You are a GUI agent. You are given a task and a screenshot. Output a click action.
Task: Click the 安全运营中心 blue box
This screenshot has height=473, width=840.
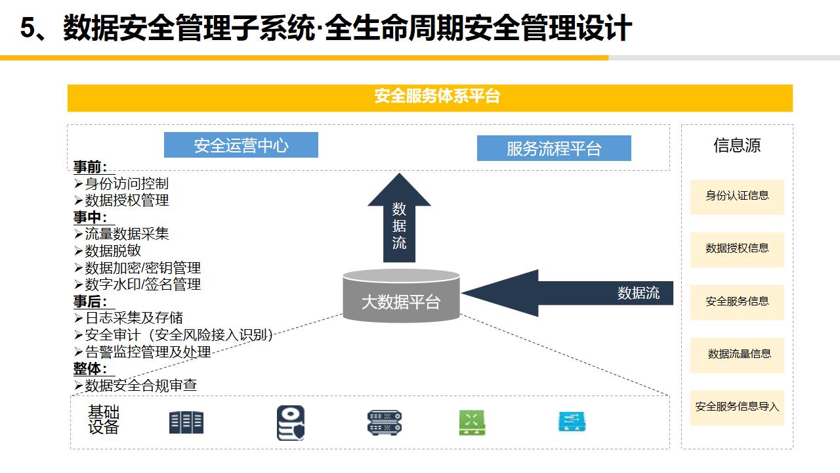(x=241, y=145)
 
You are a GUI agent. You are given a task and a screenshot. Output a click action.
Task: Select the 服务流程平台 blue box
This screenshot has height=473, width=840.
(x=553, y=148)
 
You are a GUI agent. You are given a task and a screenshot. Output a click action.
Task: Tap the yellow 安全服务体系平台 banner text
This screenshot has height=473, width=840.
(x=437, y=97)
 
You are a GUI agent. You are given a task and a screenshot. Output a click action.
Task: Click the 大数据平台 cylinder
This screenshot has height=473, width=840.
(x=401, y=300)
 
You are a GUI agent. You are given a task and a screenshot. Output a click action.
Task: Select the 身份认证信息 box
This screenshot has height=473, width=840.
(x=737, y=196)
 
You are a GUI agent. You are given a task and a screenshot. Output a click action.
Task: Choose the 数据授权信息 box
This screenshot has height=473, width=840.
(x=737, y=248)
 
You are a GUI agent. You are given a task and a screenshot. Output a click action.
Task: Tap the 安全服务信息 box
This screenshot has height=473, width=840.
(x=737, y=302)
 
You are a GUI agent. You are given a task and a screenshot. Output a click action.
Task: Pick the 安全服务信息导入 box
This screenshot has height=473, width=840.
(x=737, y=407)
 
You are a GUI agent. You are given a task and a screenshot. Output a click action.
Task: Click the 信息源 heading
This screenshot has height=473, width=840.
(x=737, y=145)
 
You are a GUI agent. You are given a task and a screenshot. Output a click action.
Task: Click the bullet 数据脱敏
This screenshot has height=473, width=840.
(x=112, y=251)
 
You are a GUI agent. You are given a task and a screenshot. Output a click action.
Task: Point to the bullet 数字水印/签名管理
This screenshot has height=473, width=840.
(x=142, y=284)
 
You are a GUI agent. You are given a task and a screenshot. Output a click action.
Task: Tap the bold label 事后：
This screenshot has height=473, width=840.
(x=90, y=302)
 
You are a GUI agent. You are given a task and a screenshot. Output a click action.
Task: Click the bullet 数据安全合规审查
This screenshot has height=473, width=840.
(x=140, y=385)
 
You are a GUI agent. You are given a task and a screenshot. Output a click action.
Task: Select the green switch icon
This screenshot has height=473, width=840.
(x=472, y=422)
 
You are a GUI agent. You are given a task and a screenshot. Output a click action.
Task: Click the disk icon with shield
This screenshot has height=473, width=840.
(x=290, y=422)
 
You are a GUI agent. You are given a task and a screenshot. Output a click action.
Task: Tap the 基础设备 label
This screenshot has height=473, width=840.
(x=104, y=420)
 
